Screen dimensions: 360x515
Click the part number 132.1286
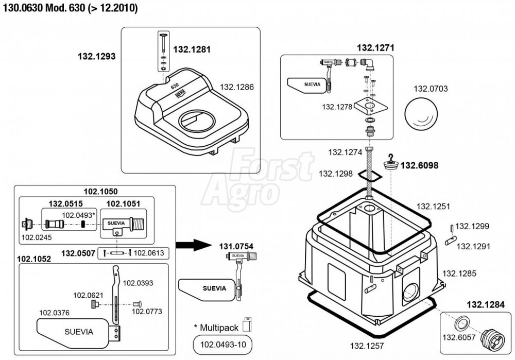tap(237, 88)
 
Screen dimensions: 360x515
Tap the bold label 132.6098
tap(419, 165)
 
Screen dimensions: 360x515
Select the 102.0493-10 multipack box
tap(222, 344)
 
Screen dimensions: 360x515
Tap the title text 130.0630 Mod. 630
tap(70, 9)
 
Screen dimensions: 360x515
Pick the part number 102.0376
tap(55, 312)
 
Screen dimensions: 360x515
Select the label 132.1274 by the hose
tap(342, 152)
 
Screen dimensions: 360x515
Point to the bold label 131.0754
tap(237, 246)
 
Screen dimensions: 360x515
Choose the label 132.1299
tap(472, 226)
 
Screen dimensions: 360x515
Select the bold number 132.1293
tap(96, 56)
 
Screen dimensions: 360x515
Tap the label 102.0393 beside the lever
tap(138, 283)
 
